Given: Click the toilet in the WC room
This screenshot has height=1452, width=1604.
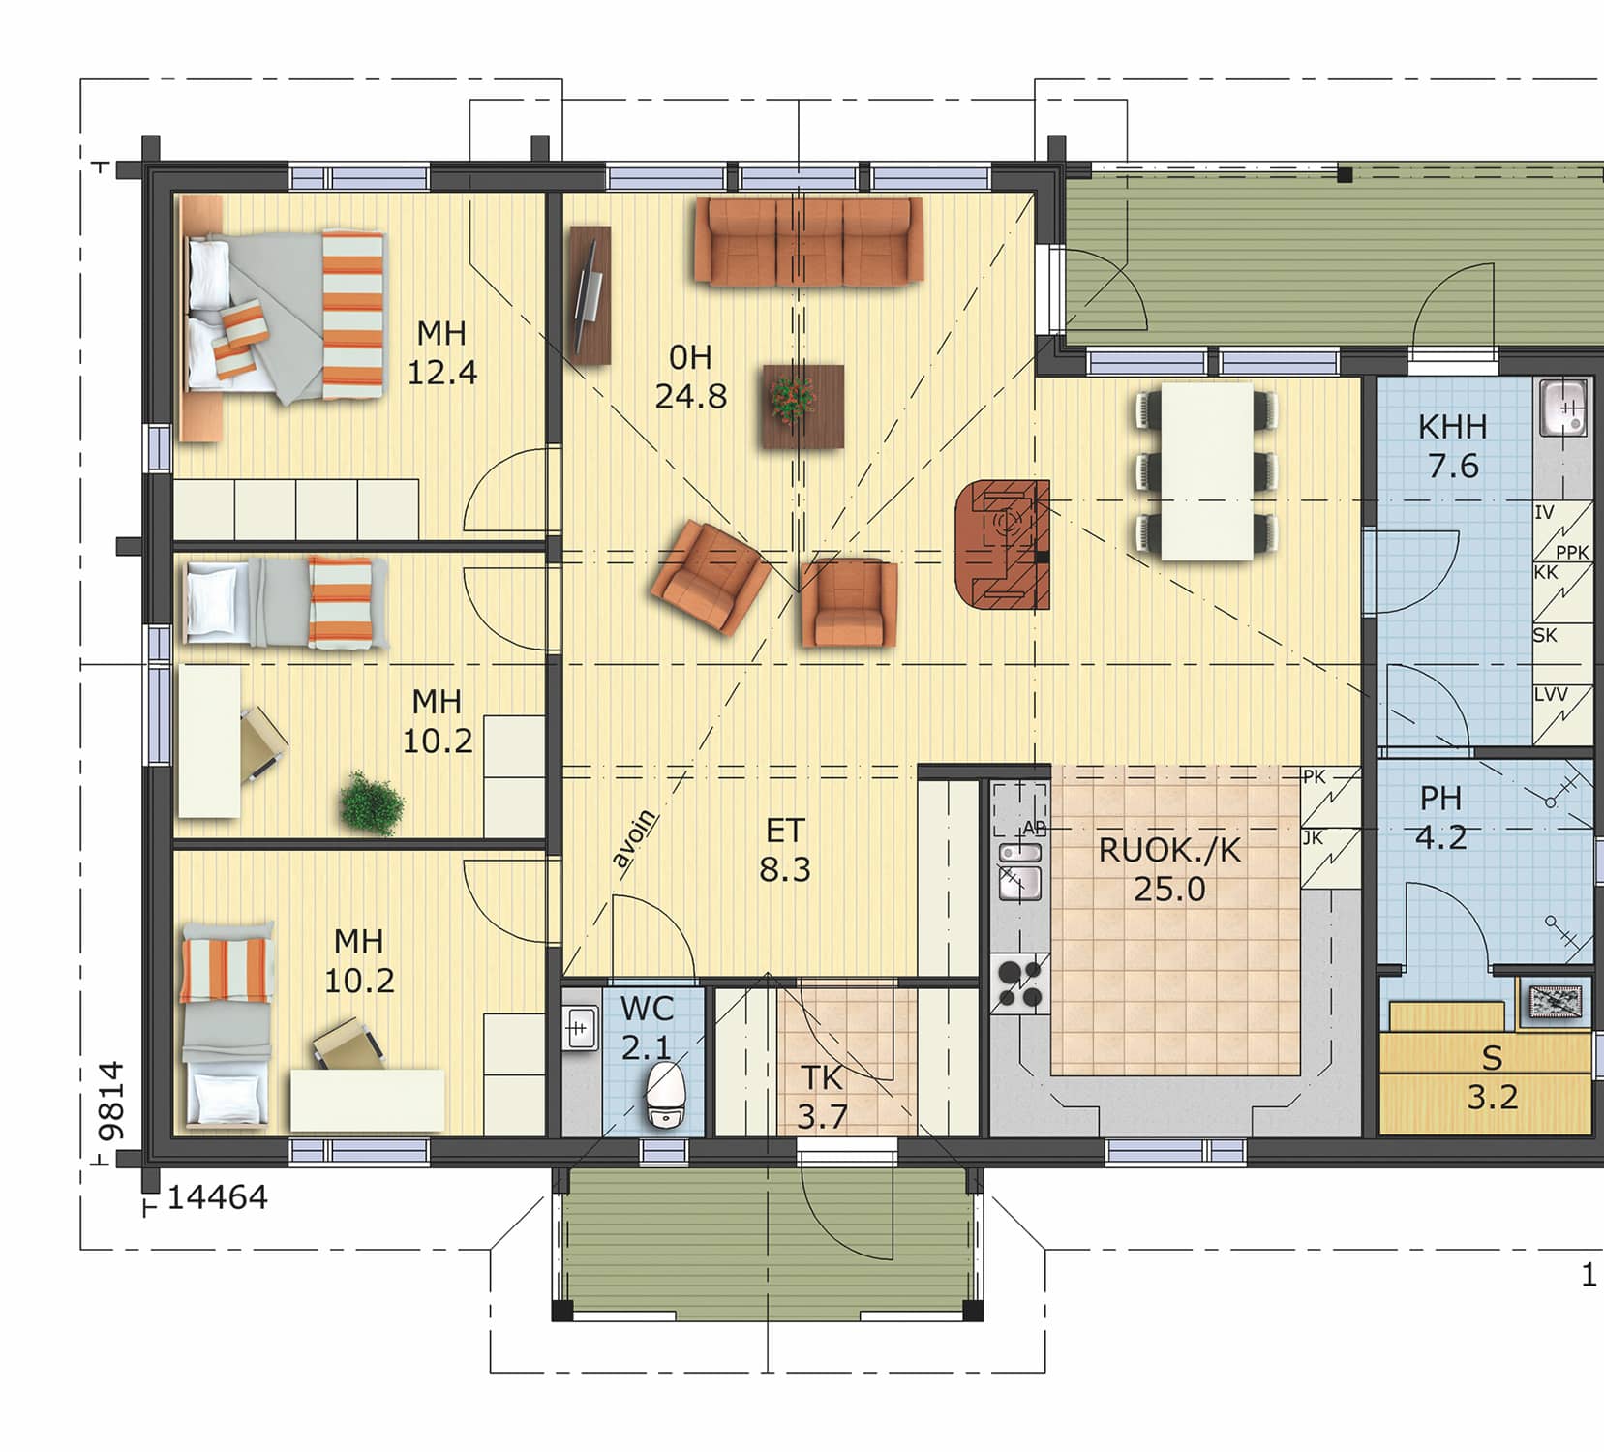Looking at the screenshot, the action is (x=666, y=1095).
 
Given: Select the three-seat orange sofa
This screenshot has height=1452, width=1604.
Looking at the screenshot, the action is (x=808, y=242).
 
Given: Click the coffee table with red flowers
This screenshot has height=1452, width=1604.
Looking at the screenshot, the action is (x=802, y=406).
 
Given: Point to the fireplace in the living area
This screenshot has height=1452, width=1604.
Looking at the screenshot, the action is (x=1003, y=545).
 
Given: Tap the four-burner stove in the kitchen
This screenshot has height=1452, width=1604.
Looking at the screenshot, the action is (x=1020, y=983).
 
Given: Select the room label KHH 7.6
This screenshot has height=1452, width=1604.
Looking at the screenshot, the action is (x=1452, y=446).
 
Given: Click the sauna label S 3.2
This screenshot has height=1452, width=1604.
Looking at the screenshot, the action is (x=1492, y=1077).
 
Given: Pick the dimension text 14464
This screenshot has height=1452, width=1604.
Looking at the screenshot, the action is (x=218, y=1197).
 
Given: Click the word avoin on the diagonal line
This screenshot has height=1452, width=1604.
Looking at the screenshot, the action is (x=635, y=838).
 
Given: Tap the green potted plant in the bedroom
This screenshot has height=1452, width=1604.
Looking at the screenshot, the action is (x=372, y=802).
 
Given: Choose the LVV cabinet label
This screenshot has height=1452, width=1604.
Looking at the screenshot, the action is (x=1550, y=695).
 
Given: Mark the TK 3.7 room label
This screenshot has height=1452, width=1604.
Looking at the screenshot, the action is (x=822, y=1098).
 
